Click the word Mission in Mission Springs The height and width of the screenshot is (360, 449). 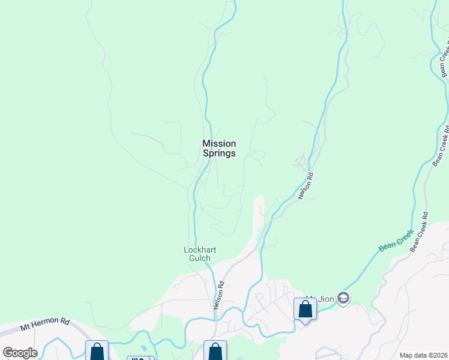click(219, 143)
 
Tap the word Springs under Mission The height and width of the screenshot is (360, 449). click(219, 153)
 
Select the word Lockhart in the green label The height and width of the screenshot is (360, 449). click(199, 250)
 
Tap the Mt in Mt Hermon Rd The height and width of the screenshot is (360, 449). click(26, 328)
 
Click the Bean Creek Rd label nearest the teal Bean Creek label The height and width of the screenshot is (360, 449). click(418, 232)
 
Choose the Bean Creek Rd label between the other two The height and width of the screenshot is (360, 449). click(441, 144)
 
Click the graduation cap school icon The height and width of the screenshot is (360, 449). click(343, 298)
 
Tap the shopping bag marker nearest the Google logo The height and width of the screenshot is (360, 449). click(96, 352)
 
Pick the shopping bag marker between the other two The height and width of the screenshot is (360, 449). click(215, 352)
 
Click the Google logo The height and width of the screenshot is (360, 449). click(20, 353)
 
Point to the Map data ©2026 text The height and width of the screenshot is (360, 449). click(423, 355)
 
